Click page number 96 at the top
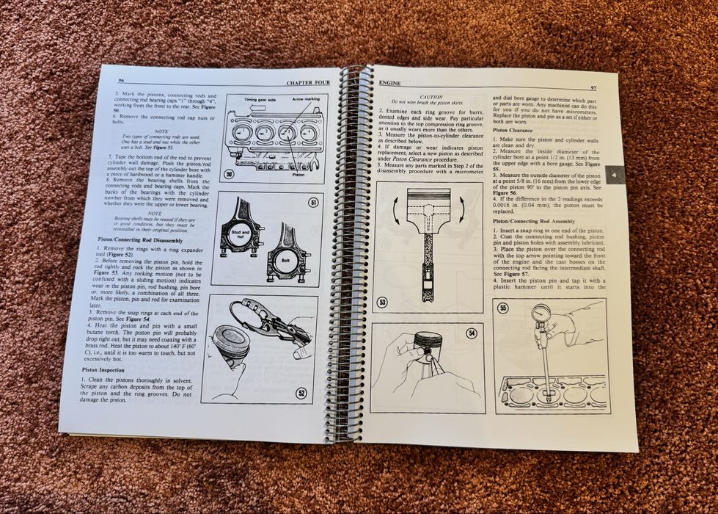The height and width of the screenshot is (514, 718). point(123,79)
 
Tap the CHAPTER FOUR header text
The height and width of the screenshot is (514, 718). point(308,83)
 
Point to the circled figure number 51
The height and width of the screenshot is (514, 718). point(313,203)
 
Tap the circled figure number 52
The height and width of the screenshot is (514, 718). point(301,393)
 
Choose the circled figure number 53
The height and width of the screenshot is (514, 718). point(383,302)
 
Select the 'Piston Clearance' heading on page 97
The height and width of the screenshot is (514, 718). point(513,130)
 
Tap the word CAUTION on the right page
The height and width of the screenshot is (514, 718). point(431,96)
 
